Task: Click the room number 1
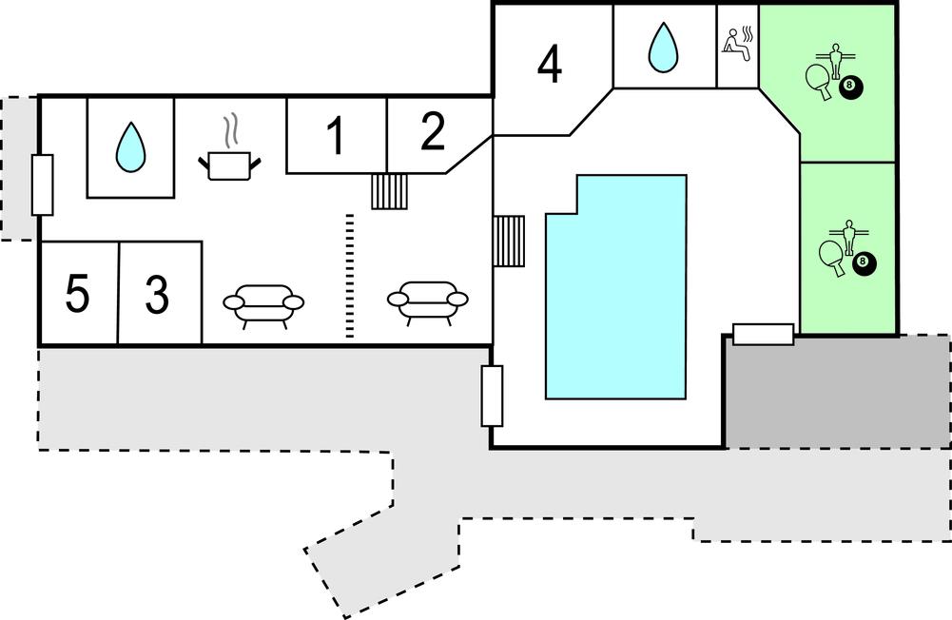pyautogui.click(x=334, y=137)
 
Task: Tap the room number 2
pyautogui.click(x=432, y=133)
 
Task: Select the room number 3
pyautogui.click(x=157, y=295)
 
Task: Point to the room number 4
pyautogui.click(x=550, y=65)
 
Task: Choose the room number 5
pyautogui.click(x=78, y=294)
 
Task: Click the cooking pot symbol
pyautogui.click(x=229, y=165)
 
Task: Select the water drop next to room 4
pyautogui.click(x=662, y=47)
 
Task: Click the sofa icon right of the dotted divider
pyautogui.click(x=427, y=300)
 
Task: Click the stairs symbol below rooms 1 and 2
pyautogui.click(x=389, y=191)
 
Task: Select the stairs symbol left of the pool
pyautogui.click(x=509, y=242)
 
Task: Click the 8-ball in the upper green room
pyautogui.click(x=851, y=89)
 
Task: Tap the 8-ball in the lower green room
pyautogui.click(x=864, y=262)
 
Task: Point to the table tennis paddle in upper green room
pyautogui.click(x=818, y=78)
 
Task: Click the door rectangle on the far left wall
pyautogui.click(x=43, y=184)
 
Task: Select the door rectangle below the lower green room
pyautogui.click(x=763, y=334)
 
